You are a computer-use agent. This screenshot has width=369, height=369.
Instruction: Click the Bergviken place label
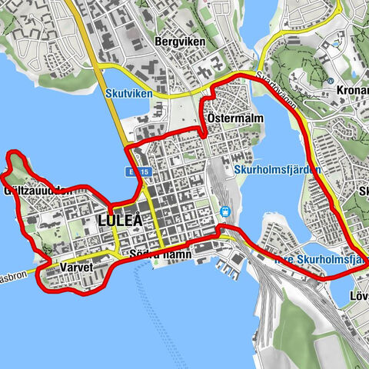click(x=178, y=41)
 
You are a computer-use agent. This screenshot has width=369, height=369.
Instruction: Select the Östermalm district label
click(x=236, y=118)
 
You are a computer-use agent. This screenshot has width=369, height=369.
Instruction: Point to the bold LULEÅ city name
click(x=121, y=221)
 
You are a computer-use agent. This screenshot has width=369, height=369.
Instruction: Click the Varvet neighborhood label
click(x=75, y=267)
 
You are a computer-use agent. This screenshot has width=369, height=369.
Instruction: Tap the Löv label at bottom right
click(x=359, y=295)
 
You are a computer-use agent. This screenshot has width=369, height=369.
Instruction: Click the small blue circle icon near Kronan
click(x=330, y=80)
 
